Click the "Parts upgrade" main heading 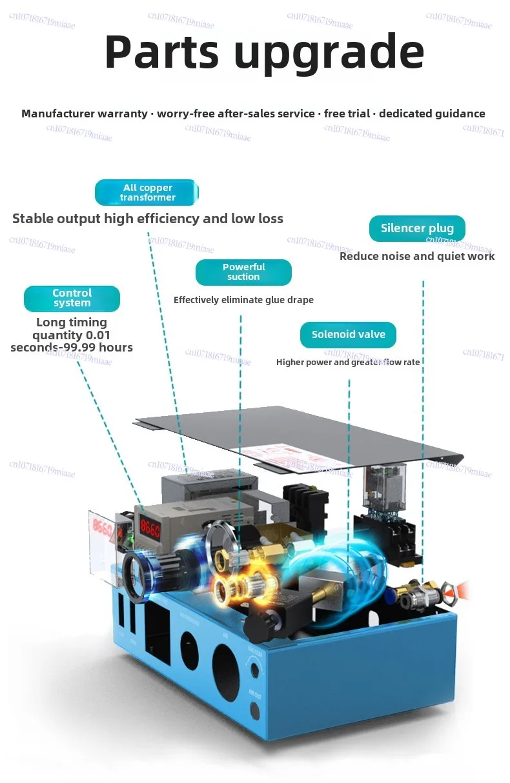point(264,52)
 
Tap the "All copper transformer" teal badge point(147,192)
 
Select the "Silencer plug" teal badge point(417,228)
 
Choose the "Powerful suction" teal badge point(243,272)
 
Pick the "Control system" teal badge point(72,298)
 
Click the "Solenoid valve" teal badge point(348,335)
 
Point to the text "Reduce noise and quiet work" point(417,256)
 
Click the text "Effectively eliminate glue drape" point(243,300)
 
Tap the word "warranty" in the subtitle point(122,114)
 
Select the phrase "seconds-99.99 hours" point(72,348)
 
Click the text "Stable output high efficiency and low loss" point(148,219)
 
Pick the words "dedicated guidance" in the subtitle point(432,114)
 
